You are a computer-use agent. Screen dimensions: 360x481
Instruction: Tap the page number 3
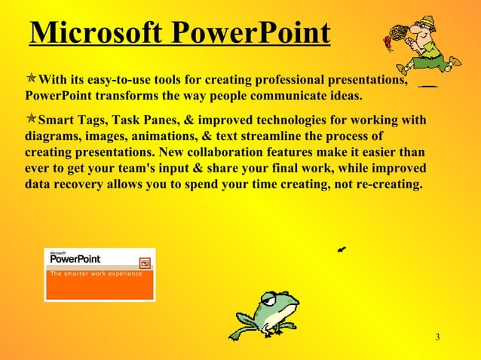pyautogui.click(x=437, y=336)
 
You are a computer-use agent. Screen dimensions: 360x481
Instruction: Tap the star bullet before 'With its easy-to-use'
pyautogui.click(x=31, y=80)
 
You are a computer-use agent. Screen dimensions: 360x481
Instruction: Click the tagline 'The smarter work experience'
pyautogui.click(x=96, y=274)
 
